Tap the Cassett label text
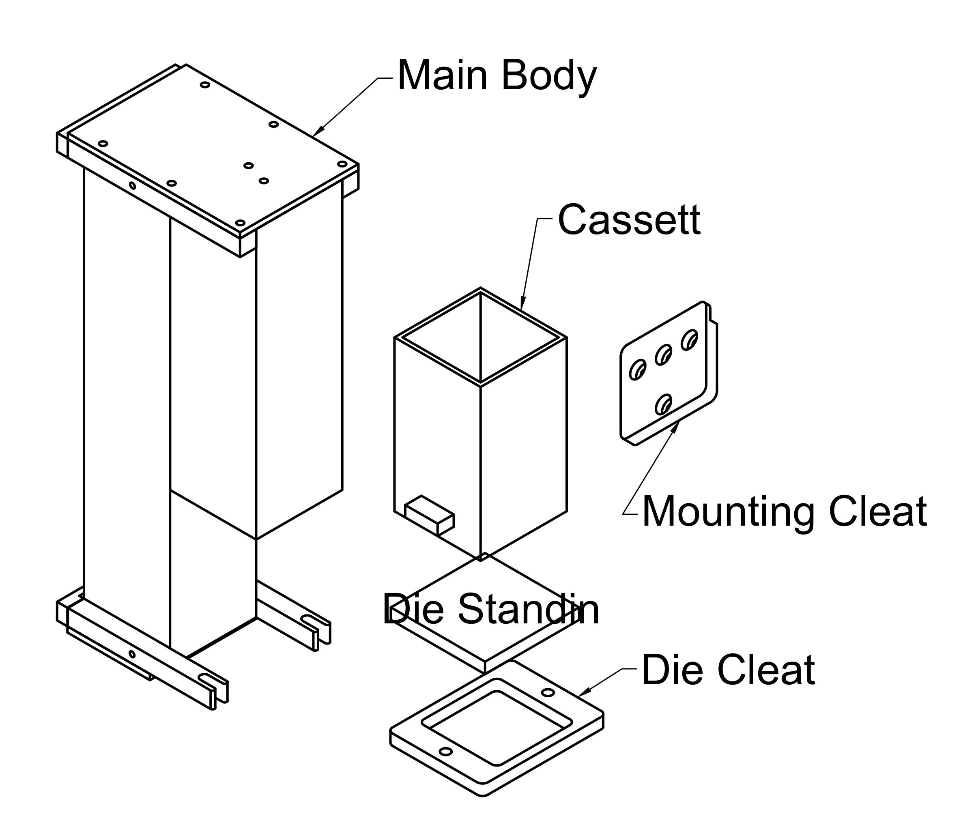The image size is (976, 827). coord(629,220)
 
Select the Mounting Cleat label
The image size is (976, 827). coord(784,512)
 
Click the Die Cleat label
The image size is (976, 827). coord(728,670)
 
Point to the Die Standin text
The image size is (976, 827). coord(491,610)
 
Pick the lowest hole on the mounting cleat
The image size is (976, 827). coord(663,404)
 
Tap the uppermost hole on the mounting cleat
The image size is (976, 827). coord(689,340)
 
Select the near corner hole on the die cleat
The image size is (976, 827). coord(445,752)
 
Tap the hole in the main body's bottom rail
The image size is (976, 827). coord(132,654)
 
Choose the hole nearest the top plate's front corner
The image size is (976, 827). coord(240,223)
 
